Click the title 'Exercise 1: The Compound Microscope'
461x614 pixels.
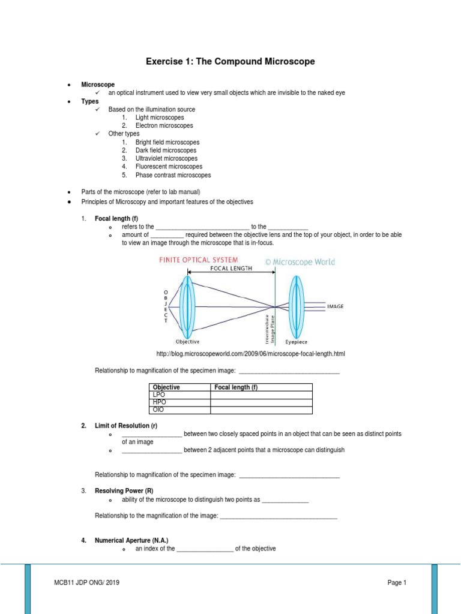[x=230, y=62]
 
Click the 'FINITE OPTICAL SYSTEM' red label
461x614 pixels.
[x=198, y=260]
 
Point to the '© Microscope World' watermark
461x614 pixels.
[x=300, y=261]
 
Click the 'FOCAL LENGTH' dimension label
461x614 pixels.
[x=231, y=269]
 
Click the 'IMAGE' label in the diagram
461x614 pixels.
[x=335, y=306]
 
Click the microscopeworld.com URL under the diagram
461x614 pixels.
[x=250, y=354]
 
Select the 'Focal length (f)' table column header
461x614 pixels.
[x=236, y=387]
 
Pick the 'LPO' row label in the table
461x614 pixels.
[x=159, y=395]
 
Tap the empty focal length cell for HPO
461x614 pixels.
[x=261, y=402]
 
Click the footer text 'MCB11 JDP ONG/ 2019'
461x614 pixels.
[x=91, y=582]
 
